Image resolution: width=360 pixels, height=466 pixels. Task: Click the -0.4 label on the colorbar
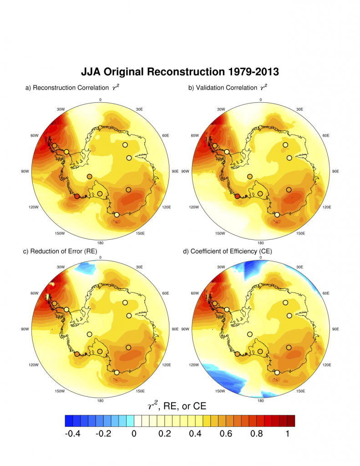[x=73, y=434]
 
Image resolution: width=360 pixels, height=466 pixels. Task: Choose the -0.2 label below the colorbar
[x=104, y=434]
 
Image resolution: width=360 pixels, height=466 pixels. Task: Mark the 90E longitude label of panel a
[x=174, y=171]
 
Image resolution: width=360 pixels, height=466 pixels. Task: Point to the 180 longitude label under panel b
[x=261, y=243]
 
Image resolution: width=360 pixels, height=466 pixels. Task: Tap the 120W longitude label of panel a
[x=29, y=207]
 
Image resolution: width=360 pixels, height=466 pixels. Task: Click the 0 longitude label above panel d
[x=261, y=257]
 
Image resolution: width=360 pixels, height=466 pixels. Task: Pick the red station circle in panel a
[x=77, y=196]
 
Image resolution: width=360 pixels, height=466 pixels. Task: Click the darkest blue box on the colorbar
[x=69, y=420]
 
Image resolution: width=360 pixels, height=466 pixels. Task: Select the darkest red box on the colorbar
[x=291, y=420]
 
